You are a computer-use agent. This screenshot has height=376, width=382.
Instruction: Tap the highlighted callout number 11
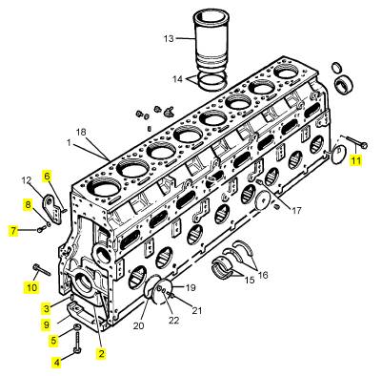(x=355, y=160)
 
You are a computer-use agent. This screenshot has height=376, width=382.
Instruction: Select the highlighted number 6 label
(x=47, y=176)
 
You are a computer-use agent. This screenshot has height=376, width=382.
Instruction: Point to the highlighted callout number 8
(x=29, y=204)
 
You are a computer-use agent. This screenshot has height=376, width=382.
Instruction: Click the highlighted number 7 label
(x=13, y=230)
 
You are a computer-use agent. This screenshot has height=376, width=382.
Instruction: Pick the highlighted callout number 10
(x=31, y=287)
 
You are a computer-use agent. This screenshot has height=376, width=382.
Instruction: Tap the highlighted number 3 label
(x=47, y=308)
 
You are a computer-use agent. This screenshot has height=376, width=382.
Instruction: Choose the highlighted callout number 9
(x=47, y=324)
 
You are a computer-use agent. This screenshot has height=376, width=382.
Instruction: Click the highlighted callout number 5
(x=53, y=341)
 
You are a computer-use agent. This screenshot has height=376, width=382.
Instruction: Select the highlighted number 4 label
(x=57, y=362)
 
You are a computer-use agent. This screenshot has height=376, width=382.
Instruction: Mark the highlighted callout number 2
(x=102, y=353)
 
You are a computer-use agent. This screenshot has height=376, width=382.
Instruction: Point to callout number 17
(x=296, y=210)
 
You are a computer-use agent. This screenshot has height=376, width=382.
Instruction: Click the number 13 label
(x=169, y=38)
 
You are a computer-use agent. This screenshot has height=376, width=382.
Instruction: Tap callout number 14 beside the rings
(x=177, y=79)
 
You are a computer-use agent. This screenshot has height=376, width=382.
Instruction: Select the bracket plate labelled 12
(x=53, y=209)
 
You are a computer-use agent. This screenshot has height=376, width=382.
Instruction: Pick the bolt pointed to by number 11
(x=355, y=142)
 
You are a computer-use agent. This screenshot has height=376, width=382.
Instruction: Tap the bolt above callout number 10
(x=42, y=269)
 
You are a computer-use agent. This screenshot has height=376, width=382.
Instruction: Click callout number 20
(x=138, y=325)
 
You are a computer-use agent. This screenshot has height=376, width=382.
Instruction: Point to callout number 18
(x=81, y=132)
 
